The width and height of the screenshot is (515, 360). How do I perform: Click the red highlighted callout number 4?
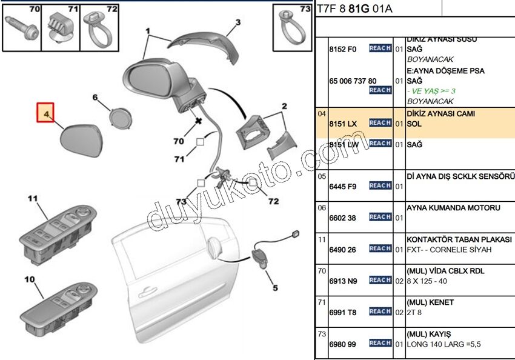(45, 113)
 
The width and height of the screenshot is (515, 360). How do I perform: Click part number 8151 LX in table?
(343, 123)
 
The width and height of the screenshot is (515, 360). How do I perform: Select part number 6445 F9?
(343, 186)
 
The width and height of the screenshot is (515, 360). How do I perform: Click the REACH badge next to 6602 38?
(380, 217)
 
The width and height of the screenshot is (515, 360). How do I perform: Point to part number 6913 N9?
(343, 281)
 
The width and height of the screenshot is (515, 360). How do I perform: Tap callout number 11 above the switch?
(32, 198)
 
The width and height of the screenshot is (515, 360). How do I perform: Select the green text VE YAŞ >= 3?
(431, 91)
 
